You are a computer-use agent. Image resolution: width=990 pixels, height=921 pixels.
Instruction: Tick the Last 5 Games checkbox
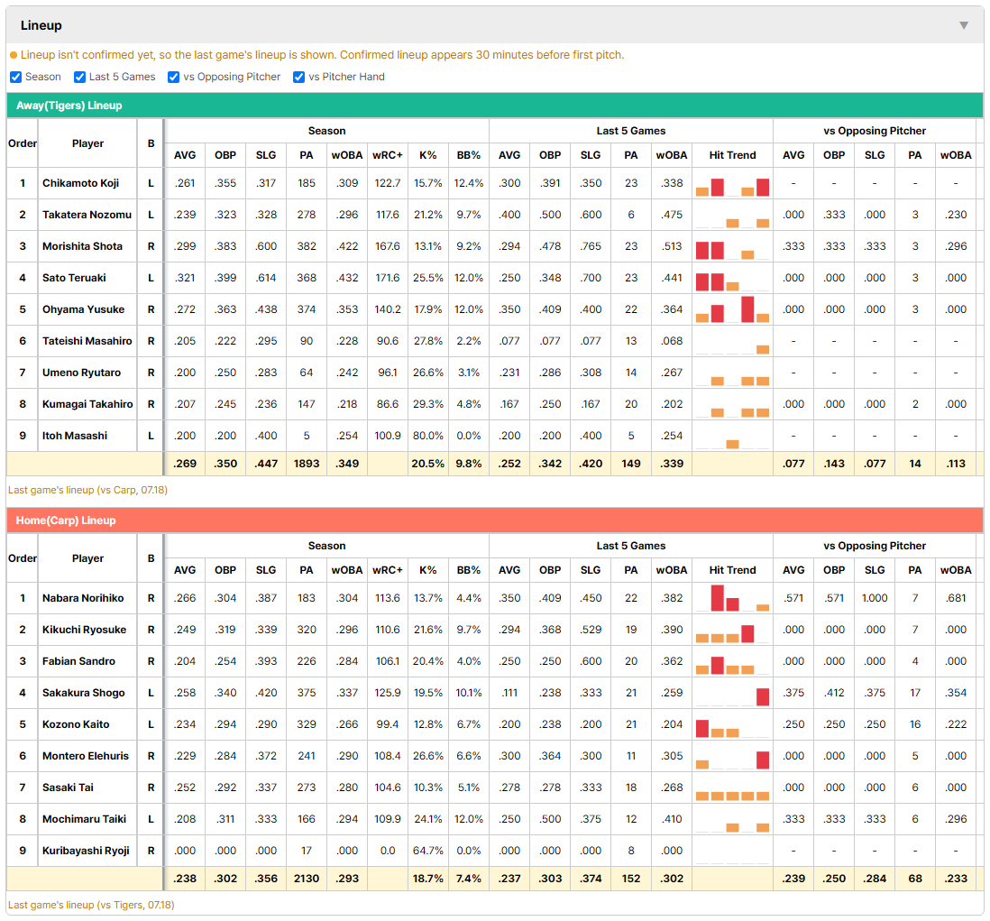(x=79, y=77)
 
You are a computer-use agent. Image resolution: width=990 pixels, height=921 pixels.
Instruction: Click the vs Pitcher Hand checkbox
(x=298, y=77)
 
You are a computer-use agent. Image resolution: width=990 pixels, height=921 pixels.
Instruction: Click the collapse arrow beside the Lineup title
(x=964, y=25)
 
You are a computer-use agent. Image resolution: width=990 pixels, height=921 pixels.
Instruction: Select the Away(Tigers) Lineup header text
(x=69, y=106)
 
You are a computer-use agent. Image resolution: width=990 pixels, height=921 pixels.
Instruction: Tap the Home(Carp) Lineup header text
(x=66, y=520)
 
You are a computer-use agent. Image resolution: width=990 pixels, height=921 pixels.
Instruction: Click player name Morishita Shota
(x=82, y=246)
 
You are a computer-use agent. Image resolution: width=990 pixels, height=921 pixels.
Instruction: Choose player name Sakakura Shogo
(x=83, y=693)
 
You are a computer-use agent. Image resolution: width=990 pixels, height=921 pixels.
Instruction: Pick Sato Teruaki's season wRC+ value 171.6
(x=388, y=278)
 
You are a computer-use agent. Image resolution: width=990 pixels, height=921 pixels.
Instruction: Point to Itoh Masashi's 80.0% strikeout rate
(x=428, y=436)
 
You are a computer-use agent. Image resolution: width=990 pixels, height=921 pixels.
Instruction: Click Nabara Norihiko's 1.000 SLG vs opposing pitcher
(x=875, y=598)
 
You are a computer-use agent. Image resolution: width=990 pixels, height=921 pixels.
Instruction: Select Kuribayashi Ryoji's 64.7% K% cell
(x=428, y=851)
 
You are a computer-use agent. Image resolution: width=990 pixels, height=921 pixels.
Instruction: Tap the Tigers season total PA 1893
(x=307, y=464)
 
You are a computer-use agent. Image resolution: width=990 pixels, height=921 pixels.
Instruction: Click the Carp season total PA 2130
(x=307, y=879)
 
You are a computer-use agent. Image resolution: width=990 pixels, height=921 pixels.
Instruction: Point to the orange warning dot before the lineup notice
(x=14, y=56)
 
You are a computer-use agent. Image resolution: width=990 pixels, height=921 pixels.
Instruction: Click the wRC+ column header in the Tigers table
(x=387, y=155)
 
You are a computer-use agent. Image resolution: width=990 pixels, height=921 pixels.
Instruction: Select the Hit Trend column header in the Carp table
(x=732, y=570)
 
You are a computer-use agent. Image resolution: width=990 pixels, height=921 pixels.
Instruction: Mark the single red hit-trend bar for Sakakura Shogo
(x=763, y=696)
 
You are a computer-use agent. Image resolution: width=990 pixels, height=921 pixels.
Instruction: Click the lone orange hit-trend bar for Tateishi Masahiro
(x=763, y=350)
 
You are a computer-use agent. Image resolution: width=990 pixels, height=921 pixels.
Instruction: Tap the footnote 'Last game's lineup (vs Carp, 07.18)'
(x=87, y=490)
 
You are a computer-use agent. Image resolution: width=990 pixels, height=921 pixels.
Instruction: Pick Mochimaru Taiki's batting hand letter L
(x=151, y=819)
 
